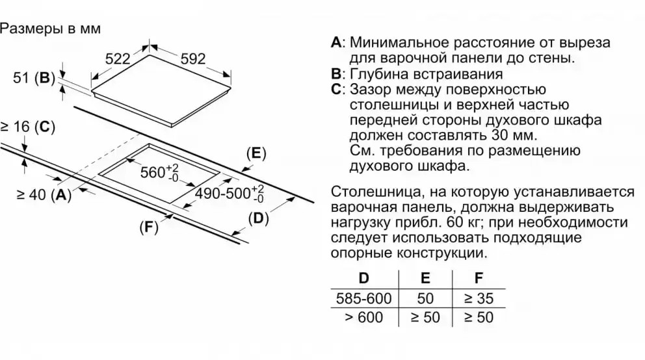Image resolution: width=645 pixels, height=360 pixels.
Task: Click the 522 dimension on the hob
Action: coord(118,59)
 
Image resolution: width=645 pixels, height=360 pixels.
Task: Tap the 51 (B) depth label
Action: coord(33,79)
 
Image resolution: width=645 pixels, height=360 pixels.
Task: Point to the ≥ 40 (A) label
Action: coord(43,194)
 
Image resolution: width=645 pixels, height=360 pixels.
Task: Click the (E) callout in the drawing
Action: coord(256,153)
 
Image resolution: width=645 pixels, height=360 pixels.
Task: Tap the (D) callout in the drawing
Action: coord(258,218)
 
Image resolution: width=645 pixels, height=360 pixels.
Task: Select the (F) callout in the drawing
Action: coord(149,228)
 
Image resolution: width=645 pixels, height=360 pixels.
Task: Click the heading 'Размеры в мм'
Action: coord(50,29)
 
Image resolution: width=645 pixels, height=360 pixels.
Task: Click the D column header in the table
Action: coord(364,278)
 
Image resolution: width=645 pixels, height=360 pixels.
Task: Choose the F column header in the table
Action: coord(479,278)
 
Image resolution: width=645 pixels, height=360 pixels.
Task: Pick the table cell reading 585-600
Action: coord(364,299)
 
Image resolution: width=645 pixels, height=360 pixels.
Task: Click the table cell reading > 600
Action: coord(364,318)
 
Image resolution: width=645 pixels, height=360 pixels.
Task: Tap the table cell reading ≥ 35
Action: coord(479,299)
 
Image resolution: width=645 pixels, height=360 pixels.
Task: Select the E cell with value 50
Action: coord(425,299)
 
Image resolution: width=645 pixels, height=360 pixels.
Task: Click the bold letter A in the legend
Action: coord(336,43)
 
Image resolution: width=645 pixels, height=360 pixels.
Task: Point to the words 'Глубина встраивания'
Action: coord(426,74)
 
